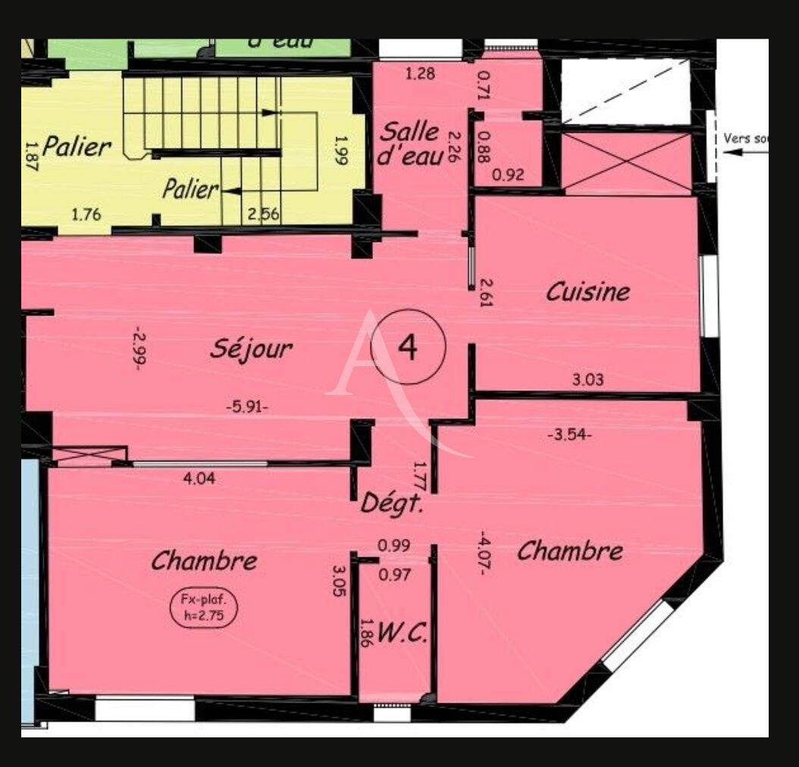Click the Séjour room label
(x=250, y=349)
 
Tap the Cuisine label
(x=588, y=292)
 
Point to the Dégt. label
(x=391, y=502)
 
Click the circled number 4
(x=408, y=347)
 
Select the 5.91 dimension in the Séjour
(x=247, y=406)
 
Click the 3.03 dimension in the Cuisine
(x=587, y=380)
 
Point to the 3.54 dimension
(x=569, y=435)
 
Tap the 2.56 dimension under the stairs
(x=265, y=214)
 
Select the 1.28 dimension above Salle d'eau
(x=421, y=74)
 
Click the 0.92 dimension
(x=508, y=175)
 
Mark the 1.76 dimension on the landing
(x=86, y=214)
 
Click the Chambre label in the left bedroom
(x=204, y=562)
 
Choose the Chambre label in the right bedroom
(x=570, y=551)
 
